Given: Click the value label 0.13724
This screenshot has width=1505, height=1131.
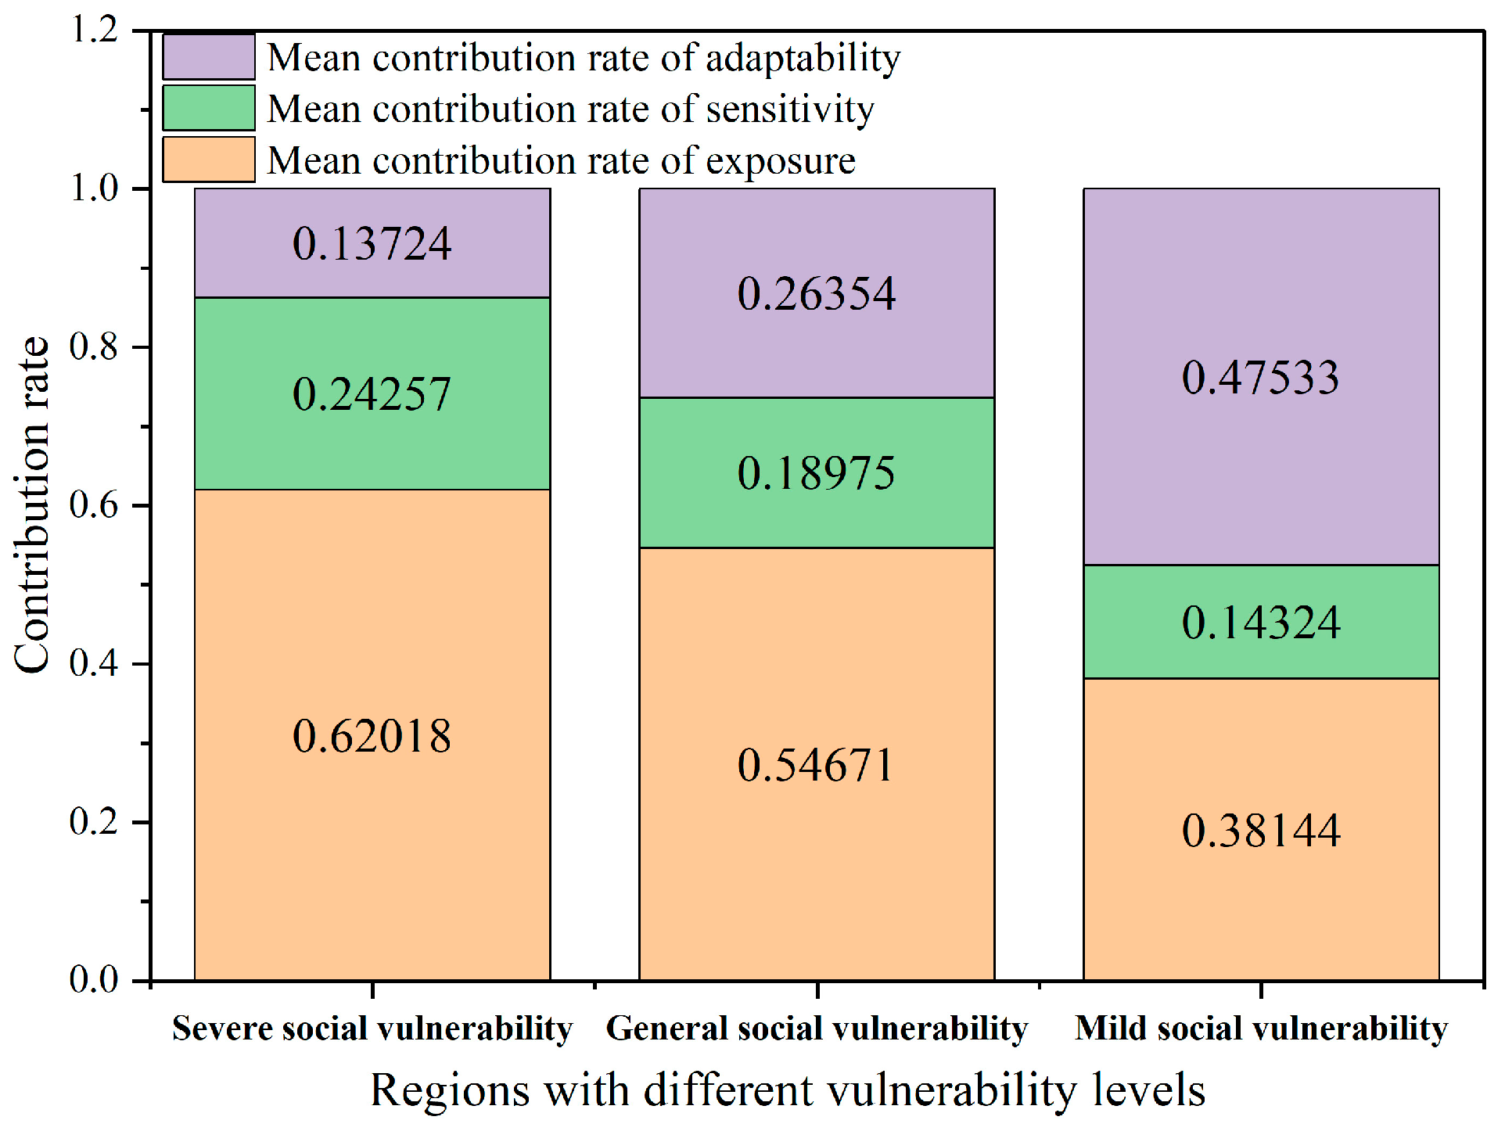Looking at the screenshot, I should pos(372,243).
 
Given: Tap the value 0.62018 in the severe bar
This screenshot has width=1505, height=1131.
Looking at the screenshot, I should pos(372,736).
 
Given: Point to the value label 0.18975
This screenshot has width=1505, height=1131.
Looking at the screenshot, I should pos(817,473).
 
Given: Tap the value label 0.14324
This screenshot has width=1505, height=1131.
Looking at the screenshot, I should pos(1261,623).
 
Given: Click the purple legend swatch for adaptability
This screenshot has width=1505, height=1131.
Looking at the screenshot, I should pos(209,57).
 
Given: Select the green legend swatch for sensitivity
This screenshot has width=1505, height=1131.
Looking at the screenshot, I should pos(209,108).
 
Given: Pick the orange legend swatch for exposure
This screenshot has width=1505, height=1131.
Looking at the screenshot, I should pos(209,160).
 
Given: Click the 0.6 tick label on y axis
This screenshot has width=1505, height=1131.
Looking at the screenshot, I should pos(94,504).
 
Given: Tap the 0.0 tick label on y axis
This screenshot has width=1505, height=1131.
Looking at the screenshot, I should pos(94,978).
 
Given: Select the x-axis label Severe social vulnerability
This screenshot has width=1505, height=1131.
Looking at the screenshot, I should pos(372,1029).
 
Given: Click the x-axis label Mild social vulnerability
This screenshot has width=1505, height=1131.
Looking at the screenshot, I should pos(1261,1029).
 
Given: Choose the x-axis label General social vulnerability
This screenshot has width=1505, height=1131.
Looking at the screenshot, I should pos(817,1029).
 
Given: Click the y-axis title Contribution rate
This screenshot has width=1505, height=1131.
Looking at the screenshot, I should pos(33,504).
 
